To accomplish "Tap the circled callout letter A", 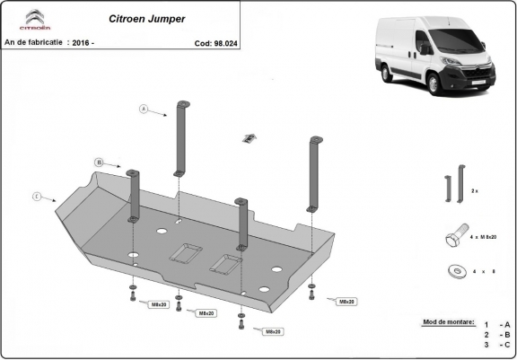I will point(143,110).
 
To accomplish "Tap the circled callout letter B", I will point(97,162).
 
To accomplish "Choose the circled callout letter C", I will point(35,196).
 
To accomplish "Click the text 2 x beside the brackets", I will point(475,192).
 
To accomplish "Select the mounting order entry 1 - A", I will point(496,324).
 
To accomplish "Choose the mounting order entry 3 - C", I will point(496,344).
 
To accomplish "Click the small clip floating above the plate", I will point(250,137).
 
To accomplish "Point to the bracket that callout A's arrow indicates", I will point(181,139).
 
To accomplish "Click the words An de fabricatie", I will point(34,42).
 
